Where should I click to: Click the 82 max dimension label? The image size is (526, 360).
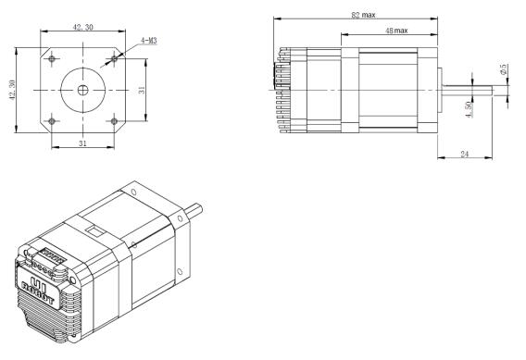click(363, 15)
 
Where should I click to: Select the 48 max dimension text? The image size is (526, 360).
click(396, 31)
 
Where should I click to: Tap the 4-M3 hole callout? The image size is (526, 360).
click(148, 41)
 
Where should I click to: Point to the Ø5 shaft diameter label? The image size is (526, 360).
click(504, 69)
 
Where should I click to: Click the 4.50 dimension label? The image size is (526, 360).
click(469, 109)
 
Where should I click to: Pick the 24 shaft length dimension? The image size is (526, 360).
click(465, 154)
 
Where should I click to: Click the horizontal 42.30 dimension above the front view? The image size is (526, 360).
click(82, 27)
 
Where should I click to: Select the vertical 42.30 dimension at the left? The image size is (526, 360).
click(12, 90)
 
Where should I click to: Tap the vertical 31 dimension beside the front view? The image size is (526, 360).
click(142, 90)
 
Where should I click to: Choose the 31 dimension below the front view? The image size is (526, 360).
click(82, 143)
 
